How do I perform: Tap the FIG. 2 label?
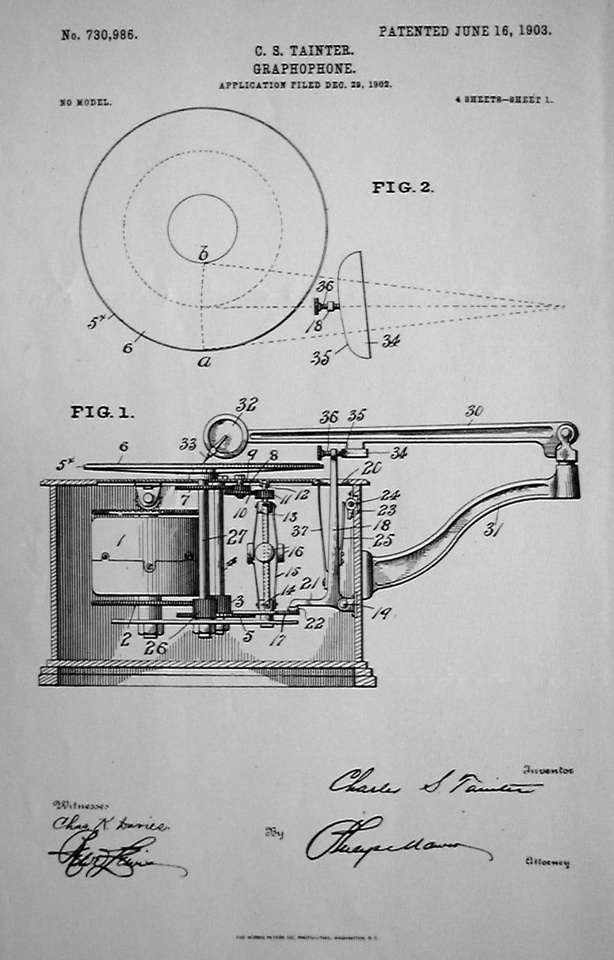402,188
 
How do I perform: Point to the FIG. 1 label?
102,412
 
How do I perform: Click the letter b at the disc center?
203,254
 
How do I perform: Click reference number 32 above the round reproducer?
246,404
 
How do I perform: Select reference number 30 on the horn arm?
474,411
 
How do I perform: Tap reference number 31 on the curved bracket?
492,529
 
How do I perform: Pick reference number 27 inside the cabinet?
235,537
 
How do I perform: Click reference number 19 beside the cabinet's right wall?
381,613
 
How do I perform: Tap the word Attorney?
546,862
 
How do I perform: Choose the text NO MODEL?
86,102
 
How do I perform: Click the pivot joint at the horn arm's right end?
566,433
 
